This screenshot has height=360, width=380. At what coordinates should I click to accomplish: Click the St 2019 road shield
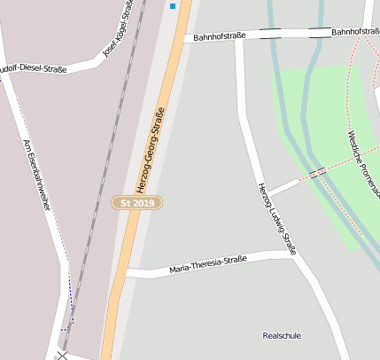tap(137, 203)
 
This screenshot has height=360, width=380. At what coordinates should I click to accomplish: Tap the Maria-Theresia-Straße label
tap(207, 263)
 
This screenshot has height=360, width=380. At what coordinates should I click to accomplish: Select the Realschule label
tap(282, 336)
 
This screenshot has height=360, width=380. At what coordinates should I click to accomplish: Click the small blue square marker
tap(172, 6)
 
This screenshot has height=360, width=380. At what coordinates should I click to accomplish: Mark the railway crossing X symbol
tap(61, 355)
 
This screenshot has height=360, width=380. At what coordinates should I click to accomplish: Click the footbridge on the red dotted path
tap(318, 172)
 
